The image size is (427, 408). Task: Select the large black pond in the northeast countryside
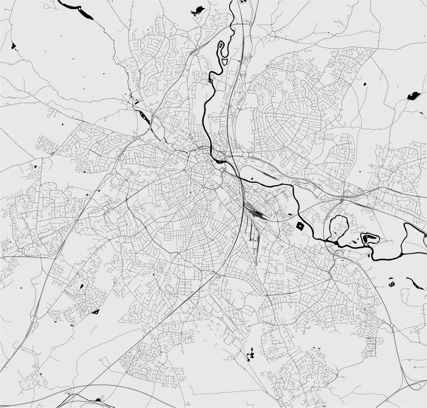point(413,96)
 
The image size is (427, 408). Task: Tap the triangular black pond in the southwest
point(96,311)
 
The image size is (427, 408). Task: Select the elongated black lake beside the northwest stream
point(143,114)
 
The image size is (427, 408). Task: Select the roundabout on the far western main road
point(20,250)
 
